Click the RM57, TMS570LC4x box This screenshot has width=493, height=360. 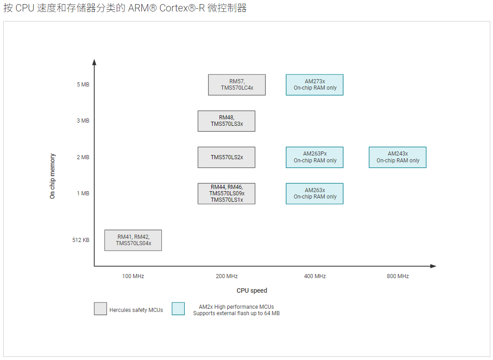point(236,85)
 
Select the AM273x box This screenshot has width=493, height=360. point(315,85)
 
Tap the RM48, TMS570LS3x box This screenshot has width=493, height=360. point(226,121)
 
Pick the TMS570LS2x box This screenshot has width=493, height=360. point(226,157)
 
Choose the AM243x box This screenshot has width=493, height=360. point(397,157)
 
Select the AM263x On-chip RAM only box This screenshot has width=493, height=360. point(315,193)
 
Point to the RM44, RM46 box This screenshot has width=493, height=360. point(226,193)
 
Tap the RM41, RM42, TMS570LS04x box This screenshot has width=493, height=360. point(133,240)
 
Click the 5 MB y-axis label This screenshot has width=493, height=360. point(83,85)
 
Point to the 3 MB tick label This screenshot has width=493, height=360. point(83,121)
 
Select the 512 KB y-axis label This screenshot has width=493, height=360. point(81,240)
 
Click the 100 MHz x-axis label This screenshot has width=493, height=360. point(133,276)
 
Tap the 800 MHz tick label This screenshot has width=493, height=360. point(397,276)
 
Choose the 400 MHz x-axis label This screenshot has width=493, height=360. point(315,276)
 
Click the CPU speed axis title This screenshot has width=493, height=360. point(252,290)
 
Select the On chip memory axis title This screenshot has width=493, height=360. point(53,176)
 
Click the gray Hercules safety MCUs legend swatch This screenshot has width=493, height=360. point(101,309)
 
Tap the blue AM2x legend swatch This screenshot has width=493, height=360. point(178,309)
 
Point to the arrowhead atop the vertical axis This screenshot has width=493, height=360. point(94,62)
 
